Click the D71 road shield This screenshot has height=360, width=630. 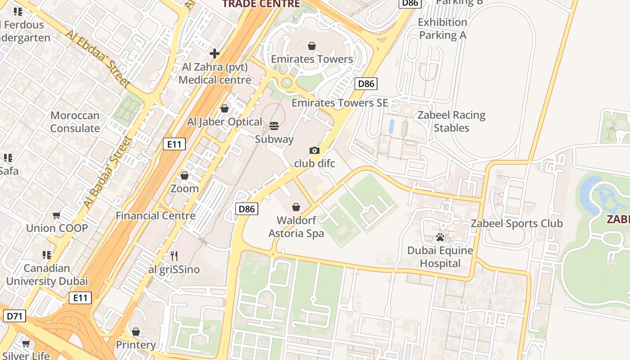(x=15, y=316)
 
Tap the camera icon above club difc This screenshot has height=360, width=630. (x=315, y=150)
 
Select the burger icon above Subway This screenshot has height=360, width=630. (x=274, y=126)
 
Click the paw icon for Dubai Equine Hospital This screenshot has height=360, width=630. (x=440, y=237)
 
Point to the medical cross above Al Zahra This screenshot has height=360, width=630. (x=215, y=54)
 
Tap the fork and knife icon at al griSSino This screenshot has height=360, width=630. (x=174, y=256)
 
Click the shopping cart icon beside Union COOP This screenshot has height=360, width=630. (x=57, y=215)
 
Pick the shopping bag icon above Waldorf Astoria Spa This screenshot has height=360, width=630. (x=296, y=207)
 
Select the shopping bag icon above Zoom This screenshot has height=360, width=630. (x=184, y=175)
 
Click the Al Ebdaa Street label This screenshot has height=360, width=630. (x=98, y=58)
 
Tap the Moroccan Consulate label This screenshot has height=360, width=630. (x=75, y=122)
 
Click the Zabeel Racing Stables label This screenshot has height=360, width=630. (x=451, y=121)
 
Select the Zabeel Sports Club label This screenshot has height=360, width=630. (x=517, y=223)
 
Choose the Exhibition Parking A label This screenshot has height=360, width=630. (x=442, y=28)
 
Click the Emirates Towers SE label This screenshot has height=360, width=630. (x=339, y=103)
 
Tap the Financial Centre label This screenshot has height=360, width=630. (x=156, y=216)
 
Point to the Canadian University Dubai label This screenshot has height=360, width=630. (x=47, y=275)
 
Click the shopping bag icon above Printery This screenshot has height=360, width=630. (x=136, y=332)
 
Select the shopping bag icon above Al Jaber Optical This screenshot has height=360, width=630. (x=225, y=108)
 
